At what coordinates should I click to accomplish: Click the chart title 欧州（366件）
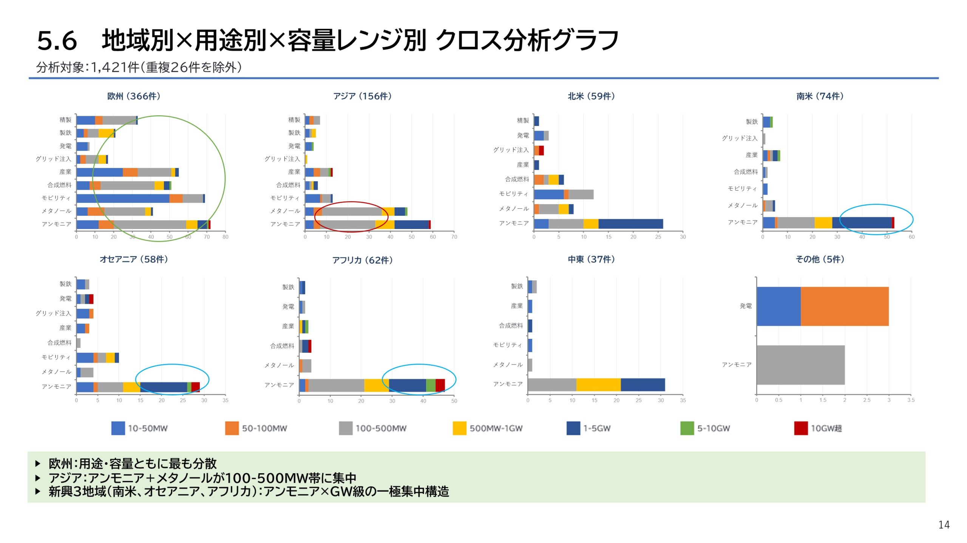[x=134, y=96]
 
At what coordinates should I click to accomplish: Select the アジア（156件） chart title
[x=362, y=96]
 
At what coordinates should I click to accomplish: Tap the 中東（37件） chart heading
[x=591, y=259]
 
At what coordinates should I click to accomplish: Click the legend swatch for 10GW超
[x=801, y=428]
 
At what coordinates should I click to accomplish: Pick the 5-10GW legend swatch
[x=687, y=428]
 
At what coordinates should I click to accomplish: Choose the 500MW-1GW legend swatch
[x=459, y=428]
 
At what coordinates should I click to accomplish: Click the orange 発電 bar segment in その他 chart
[x=844, y=306]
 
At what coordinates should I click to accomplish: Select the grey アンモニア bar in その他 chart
[x=800, y=365]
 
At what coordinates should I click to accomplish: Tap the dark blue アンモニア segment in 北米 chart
[x=630, y=224]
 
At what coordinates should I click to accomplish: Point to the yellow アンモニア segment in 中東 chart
[x=598, y=385]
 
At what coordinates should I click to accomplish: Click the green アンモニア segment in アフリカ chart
[x=431, y=385]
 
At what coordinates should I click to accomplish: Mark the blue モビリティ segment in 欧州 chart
[x=123, y=198]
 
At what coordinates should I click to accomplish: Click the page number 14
[x=944, y=525]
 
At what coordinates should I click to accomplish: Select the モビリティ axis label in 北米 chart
[x=513, y=194]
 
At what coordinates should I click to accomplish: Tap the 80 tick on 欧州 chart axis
[x=226, y=237]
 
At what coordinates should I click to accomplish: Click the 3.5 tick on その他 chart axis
[x=911, y=400]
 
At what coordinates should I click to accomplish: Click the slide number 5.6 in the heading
[x=57, y=41]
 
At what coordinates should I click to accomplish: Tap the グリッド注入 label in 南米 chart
[x=740, y=138]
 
